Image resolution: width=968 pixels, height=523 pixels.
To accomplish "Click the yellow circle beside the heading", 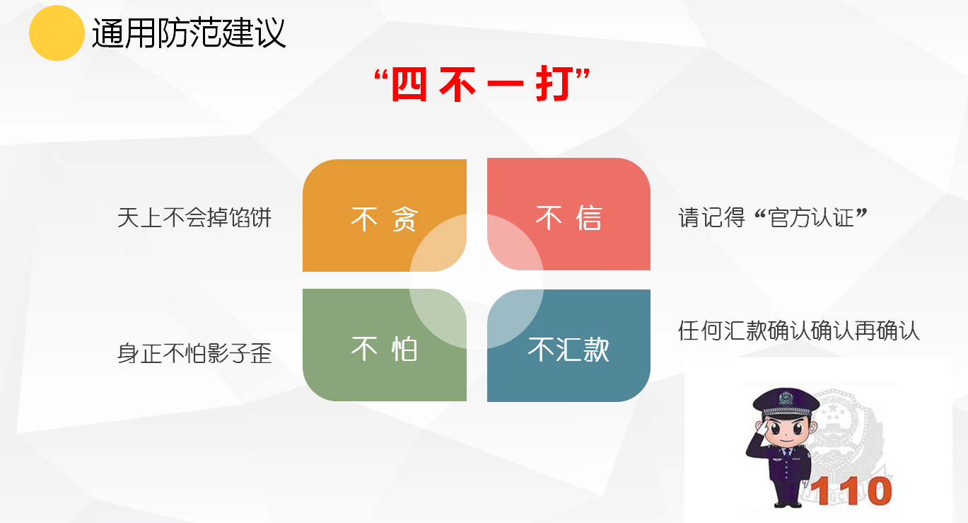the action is pyautogui.click(x=57, y=33).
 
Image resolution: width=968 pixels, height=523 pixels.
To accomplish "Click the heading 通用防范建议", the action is pyautogui.click(x=189, y=33).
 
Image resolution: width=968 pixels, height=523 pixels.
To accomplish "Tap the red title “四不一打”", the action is pyautogui.click(x=482, y=84).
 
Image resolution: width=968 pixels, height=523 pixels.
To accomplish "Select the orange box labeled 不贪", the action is pyautogui.click(x=385, y=215).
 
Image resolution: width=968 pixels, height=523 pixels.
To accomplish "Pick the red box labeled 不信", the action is pyautogui.click(x=568, y=214).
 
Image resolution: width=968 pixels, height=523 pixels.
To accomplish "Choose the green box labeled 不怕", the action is pyautogui.click(x=385, y=345).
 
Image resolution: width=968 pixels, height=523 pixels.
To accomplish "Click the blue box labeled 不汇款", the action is pyautogui.click(x=568, y=345).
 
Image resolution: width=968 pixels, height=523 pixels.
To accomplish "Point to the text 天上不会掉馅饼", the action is pyautogui.click(x=194, y=217).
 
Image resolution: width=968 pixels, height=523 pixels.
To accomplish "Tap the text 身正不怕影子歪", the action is pyautogui.click(x=194, y=353).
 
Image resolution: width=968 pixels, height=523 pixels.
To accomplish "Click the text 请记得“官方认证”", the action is pyautogui.click(x=773, y=217).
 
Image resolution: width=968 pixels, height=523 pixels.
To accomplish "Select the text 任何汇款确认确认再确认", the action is pyautogui.click(x=798, y=331).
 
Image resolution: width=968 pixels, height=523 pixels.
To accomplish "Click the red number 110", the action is pyautogui.click(x=851, y=491).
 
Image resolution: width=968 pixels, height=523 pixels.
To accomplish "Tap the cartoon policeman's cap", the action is pyautogui.click(x=786, y=402).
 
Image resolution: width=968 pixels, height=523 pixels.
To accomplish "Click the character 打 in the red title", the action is pyautogui.click(x=555, y=84).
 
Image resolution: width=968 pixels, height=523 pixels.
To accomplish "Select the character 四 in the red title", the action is pyautogui.click(x=409, y=84).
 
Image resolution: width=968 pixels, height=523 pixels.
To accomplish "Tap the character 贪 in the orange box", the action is pyautogui.click(x=405, y=219).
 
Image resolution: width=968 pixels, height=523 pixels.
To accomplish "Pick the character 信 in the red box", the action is pyautogui.click(x=588, y=217).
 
